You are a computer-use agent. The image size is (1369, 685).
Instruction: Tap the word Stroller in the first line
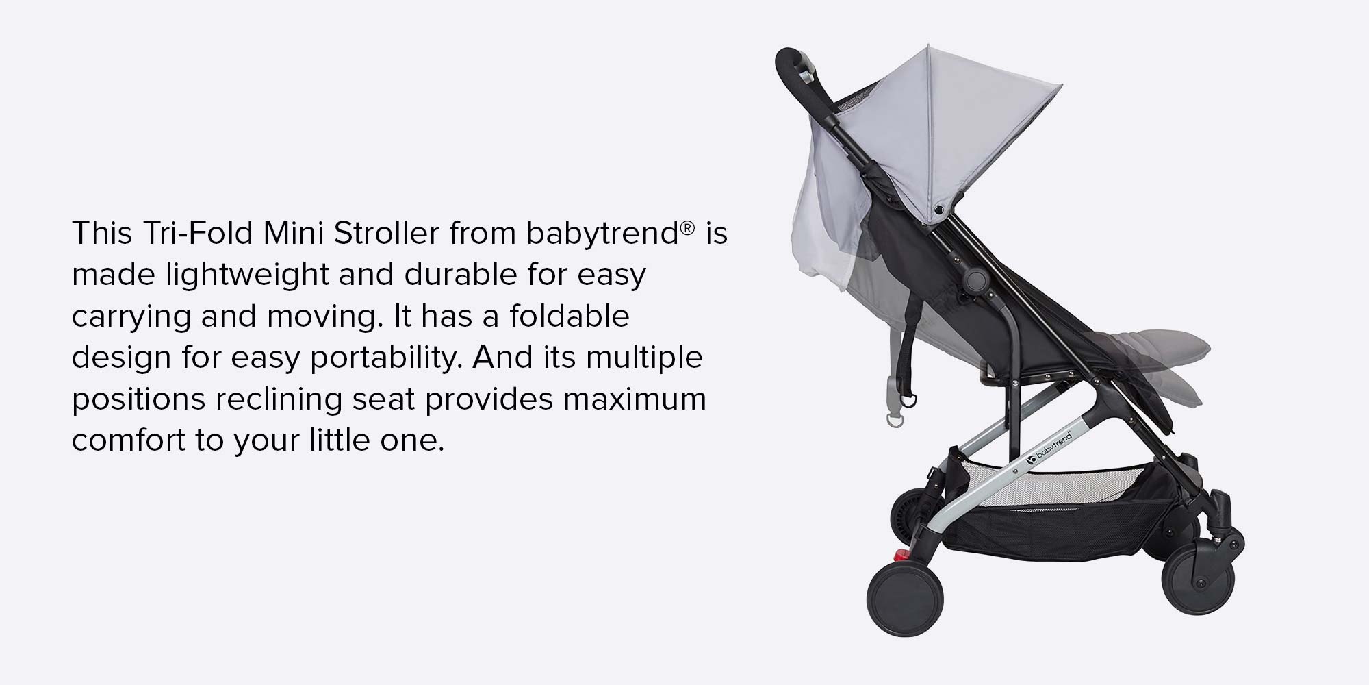pyautogui.click(x=386, y=234)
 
